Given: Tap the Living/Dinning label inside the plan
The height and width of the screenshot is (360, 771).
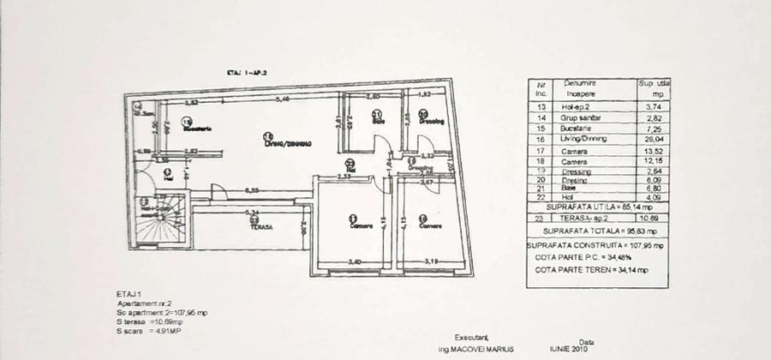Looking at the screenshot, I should pos(287,143).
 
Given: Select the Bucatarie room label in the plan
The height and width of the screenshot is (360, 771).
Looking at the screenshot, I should pos(196,129).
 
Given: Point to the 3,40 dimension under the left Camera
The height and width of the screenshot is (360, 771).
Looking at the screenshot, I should pos(352,261).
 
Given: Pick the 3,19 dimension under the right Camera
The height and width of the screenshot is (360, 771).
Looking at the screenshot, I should pos(433,261).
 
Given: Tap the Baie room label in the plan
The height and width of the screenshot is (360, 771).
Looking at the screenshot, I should pos(378,121).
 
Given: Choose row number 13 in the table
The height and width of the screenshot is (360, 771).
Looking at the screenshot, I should pos(541,106).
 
